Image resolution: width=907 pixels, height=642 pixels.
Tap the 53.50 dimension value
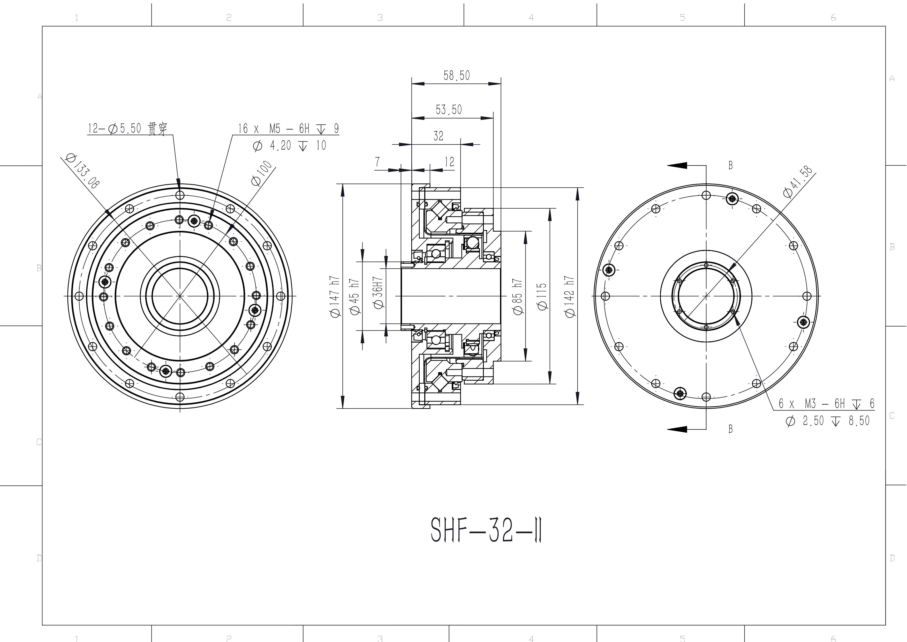pyautogui.click(x=449, y=109)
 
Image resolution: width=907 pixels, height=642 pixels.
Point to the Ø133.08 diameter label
pyautogui.click(x=83, y=171)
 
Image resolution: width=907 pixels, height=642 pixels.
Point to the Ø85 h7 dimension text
pyautogui.click(x=518, y=297)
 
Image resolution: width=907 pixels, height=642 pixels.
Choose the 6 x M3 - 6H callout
pyautogui.click(x=826, y=404)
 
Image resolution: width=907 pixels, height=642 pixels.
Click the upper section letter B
pyautogui.click(x=730, y=165)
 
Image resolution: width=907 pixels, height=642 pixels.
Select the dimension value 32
pyautogui.click(x=439, y=136)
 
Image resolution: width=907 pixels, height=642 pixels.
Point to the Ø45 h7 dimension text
pyautogui.click(x=355, y=297)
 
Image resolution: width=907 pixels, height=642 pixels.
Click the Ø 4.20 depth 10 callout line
pyautogui.click(x=289, y=146)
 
